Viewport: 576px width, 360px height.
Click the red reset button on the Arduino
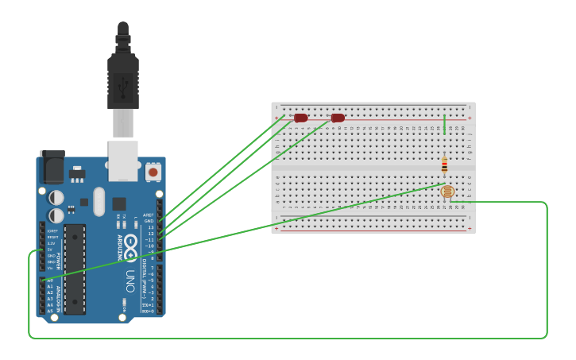(153, 172)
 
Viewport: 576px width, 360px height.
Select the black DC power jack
(52, 168)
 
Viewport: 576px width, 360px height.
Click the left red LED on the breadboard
(300, 118)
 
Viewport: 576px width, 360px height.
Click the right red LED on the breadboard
(338, 118)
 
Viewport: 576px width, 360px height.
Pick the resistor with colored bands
(444, 165)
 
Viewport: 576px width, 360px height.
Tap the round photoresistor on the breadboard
(447, 192)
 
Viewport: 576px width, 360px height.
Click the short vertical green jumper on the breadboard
(444, 123)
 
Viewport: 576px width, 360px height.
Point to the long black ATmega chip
(75, 269)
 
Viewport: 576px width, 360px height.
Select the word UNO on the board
(130, 281)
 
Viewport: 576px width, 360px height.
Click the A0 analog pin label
(50, 281)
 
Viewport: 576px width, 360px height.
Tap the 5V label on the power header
(51, 250)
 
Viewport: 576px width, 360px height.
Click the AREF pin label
(149, 215)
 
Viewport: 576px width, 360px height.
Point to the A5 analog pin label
(50, 311)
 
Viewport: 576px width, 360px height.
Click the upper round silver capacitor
(56, 197)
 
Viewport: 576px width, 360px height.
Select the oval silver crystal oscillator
(99, 201)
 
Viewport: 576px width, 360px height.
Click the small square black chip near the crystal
(119, 203)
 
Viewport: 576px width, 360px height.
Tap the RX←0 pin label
(148, 311)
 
